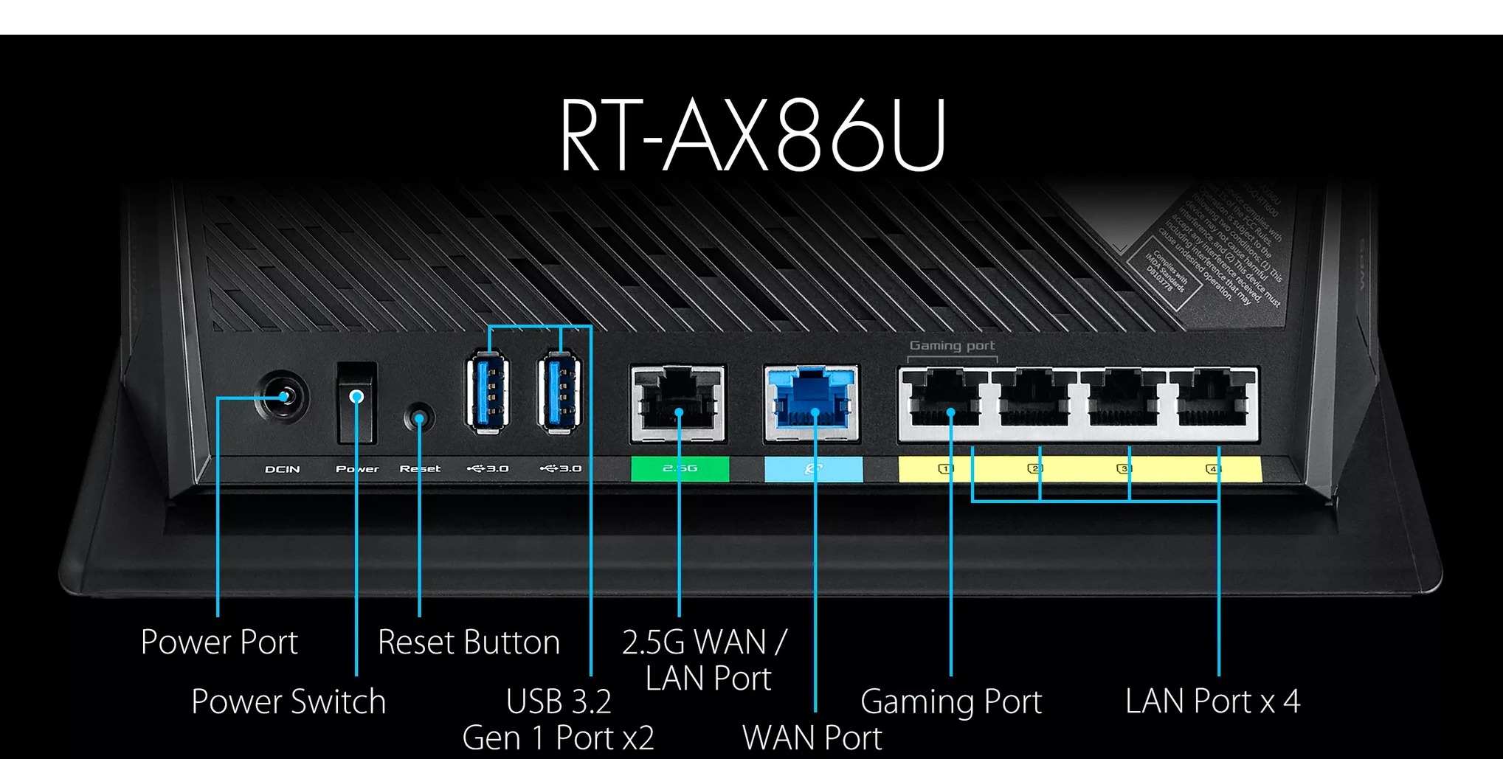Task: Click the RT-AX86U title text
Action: [x=753, y=136]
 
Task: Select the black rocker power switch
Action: [x=357, y=403]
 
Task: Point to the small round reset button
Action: [x=419, y=418]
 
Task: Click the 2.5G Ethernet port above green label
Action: [x=678, y=403]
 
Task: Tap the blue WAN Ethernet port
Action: [x=812, y=403]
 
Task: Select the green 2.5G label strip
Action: [x=680, y=468]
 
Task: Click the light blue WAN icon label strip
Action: [x=813, y=468]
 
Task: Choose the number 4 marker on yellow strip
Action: [x=1213, y=468]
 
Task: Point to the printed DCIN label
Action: [x=283, y=469]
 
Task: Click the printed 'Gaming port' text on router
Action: [x=952, y=345]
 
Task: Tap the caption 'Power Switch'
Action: [x=288, y=701]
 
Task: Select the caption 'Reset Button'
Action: [x=469, y=642]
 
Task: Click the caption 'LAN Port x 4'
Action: [x=1212, y=701]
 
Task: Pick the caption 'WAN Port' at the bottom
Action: [x=812, y=738]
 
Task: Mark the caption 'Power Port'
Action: [x=219, y=642]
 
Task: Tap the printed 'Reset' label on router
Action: [x=420, y=469]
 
